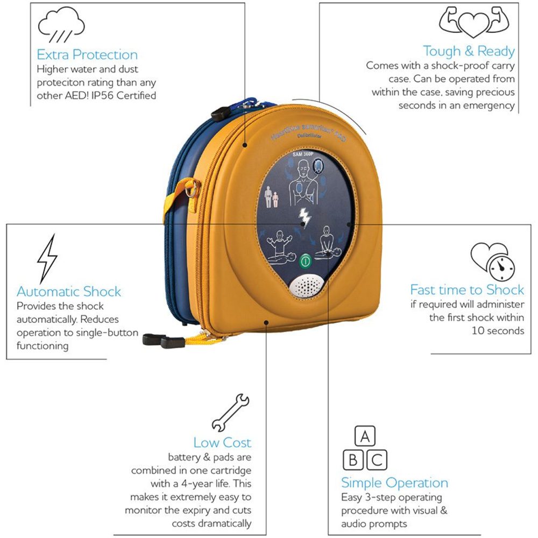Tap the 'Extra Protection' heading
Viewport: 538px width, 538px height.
87,54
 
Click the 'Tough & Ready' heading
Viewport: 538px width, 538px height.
469,51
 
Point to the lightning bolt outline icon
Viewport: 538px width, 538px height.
47,258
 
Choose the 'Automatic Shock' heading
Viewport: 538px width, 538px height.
69,292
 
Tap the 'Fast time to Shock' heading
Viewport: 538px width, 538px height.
467,290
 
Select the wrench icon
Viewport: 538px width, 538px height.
230,413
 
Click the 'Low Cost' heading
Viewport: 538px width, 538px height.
222,443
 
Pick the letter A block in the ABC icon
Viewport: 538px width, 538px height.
365,437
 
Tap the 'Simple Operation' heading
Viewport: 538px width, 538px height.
394,483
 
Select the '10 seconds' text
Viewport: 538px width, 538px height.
498,330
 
